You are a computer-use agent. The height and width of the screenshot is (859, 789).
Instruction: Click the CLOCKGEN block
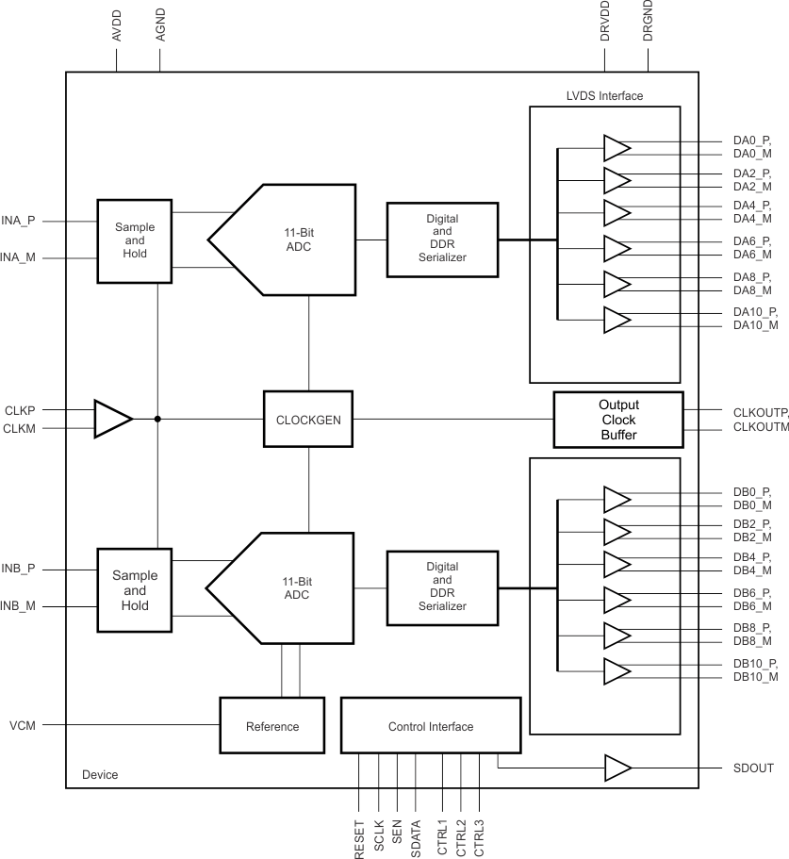point(308,418)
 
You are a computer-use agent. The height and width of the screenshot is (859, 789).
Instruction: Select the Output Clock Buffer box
point(618,419)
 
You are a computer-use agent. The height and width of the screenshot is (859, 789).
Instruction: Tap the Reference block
point(271,726)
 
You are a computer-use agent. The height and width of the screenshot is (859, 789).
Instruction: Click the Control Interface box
point(430,726)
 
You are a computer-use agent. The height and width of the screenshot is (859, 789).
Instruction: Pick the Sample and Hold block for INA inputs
point(135,240)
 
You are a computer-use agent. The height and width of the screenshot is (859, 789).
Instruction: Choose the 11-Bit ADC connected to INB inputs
point(273,588)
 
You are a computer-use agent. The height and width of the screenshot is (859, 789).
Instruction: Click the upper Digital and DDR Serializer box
point(442,239)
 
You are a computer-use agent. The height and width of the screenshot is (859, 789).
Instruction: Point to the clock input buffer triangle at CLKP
point(111,419)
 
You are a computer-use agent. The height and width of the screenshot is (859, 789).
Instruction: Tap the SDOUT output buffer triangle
point(616,768)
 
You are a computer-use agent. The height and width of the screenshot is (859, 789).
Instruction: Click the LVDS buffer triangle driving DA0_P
point(616,148)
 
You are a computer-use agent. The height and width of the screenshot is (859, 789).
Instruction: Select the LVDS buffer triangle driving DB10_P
point(616,670)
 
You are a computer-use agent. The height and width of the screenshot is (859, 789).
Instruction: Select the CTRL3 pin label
point(480,836)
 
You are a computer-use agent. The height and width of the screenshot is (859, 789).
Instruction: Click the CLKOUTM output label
point(759,427)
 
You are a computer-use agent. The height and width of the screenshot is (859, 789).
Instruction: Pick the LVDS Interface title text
point(603,96)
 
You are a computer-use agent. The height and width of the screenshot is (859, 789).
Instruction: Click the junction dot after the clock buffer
point(156,419)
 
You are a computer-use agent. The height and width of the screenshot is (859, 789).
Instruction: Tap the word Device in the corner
point(100,775)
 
